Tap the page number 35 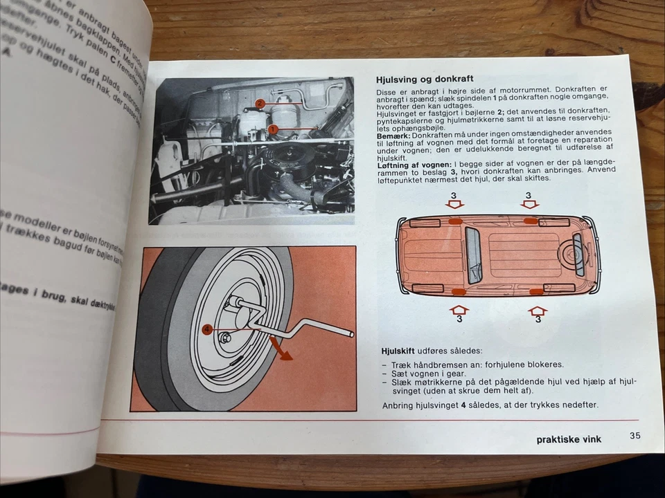635,436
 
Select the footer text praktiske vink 569,439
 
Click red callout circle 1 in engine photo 273,129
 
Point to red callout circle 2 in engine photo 260,104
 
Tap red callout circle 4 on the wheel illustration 206,330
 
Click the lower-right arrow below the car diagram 537,311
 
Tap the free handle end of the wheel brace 350,334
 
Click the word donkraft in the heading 451,79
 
